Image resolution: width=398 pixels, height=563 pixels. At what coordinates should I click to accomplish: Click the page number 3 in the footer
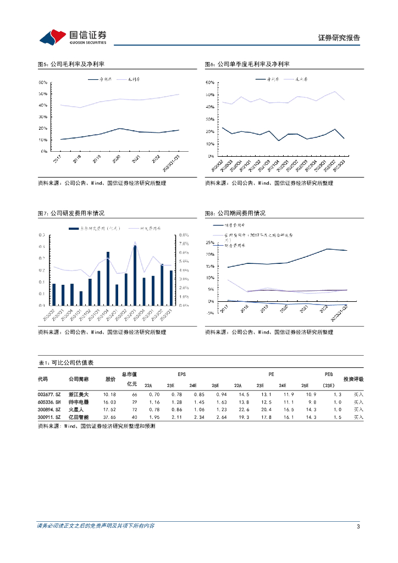pos(358,526)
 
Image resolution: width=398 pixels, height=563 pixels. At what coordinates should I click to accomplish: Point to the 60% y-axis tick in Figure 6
pos(209,82)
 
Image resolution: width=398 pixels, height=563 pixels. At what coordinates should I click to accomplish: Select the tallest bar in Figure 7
pos(135,275)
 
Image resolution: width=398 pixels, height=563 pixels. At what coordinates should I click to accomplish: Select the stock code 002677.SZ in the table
pos(48,394)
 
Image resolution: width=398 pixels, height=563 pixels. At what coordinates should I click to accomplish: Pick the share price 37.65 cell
pos(110,417)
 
